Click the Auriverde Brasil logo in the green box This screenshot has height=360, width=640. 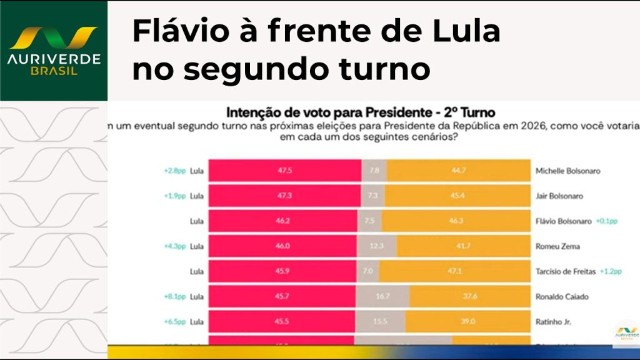53,50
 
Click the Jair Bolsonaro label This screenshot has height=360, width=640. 560,196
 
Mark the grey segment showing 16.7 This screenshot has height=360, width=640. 383,297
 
